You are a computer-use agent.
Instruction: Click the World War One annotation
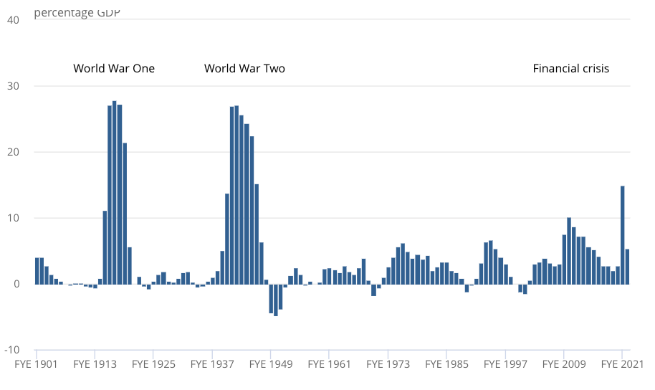(x=114, y=69)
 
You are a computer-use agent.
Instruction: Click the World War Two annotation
(x=244, y=69)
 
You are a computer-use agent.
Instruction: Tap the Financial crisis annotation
(x=570, y=69)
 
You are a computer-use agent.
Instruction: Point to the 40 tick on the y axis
(x=12, y=20)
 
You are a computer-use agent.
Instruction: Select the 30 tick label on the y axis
(x=12, y=86)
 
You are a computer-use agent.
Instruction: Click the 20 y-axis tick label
(x=12, y=152)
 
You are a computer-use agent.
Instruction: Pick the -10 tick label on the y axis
(x=10, y=350)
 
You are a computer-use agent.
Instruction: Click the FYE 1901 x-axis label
(x=37, y=364)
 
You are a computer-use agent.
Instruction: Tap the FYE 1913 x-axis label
(x=95, y=364)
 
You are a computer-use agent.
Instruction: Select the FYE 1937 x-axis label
(x=213, y=364)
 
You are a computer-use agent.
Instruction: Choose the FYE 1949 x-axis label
(x=272, y=364)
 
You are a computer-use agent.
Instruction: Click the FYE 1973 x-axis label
(x=388, y=364)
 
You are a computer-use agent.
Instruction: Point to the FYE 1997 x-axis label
(x=506, y=364)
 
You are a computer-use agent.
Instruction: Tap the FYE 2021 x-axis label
(x=622, y=364)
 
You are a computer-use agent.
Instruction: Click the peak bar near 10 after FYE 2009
(x=569, y=251)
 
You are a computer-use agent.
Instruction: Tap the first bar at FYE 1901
(x=37, y=271)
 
